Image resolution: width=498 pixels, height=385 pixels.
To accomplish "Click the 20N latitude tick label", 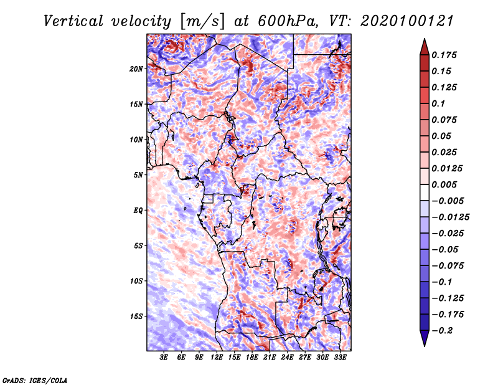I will [137, 69].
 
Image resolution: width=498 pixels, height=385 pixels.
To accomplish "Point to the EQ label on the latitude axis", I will [139, 210].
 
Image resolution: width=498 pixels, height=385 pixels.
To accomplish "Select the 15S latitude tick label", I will [137, 316].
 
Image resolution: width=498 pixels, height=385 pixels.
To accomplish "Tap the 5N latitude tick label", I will [139, 174].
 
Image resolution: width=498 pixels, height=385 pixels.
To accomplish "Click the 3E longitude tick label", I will [164, 358].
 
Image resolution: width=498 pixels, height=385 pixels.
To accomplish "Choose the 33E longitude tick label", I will [341, 358].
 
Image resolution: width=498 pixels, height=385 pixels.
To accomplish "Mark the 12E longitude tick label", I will [217, 358].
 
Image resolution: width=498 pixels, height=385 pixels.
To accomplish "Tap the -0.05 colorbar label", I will [446, 249].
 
